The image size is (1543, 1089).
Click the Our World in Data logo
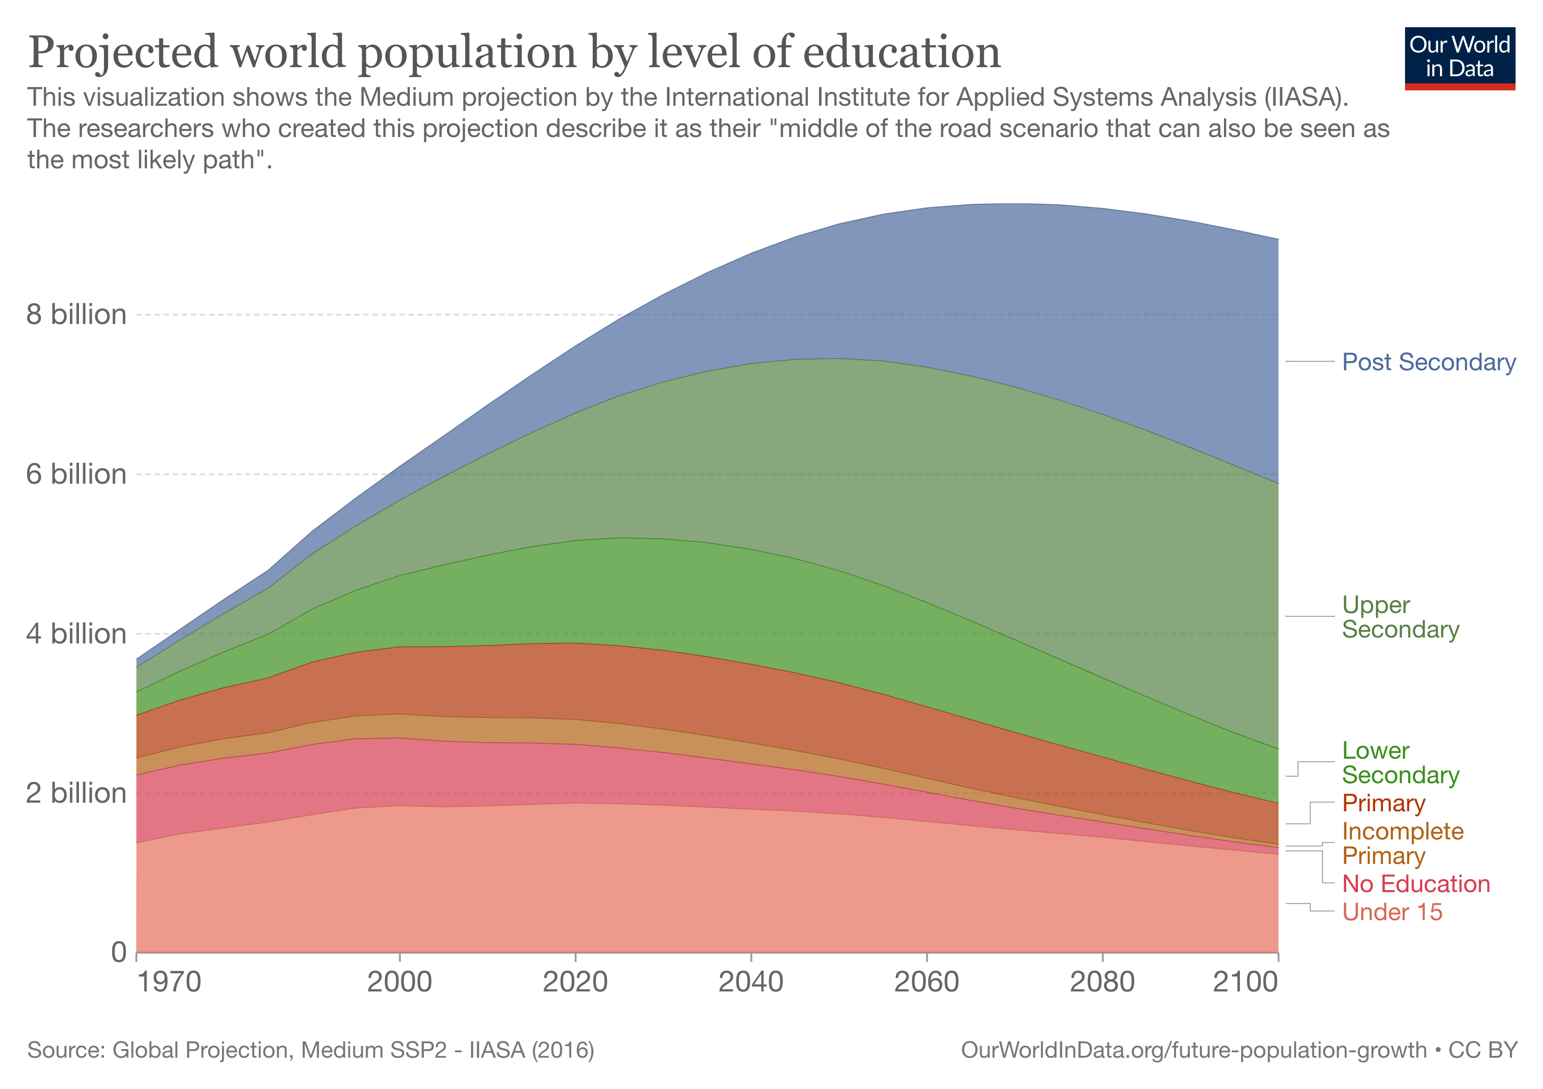(x=1459, y=58)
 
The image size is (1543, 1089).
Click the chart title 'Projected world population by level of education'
(x=514, y=52)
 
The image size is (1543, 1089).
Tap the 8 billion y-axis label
(x=76, y=314)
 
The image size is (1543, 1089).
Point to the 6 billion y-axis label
(x=76, y=474)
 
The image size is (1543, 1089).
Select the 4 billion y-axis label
(x=76, y=633)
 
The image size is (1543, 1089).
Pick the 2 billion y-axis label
(x=76, y=794)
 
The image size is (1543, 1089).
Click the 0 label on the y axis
(x=118, y=952)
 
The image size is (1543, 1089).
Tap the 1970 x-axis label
(x=169, y=982)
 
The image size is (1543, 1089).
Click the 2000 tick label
(x=400, y=982)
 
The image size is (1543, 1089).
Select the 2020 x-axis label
(x=575, y=982)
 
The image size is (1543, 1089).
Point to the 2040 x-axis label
(x=751, y=982)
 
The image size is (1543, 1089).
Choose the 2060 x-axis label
(x=927, y=982)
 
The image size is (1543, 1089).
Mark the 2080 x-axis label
(x=1102, y=982)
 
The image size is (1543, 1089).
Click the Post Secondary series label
(x=1429, y=362)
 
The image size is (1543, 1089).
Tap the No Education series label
(x=1416, y=884)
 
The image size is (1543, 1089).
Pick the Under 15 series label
(x=1392, y=912)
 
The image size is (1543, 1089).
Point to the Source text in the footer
(x=310, y=1050)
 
